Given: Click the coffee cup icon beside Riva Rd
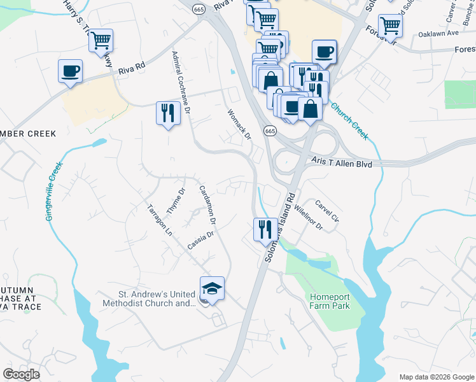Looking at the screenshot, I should click(70, 71).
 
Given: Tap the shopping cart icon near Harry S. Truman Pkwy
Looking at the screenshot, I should click(101, 41).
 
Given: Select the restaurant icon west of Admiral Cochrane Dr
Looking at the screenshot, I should click(167, 113).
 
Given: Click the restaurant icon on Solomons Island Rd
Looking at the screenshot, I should click(265, 229).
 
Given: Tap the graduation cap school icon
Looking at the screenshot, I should click(212, 289).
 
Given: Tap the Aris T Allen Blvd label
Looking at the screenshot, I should click(341, 164).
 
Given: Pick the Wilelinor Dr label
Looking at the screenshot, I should click(309, 214).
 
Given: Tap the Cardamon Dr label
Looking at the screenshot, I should click(207, 204).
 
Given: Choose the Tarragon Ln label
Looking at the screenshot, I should click(159, 220).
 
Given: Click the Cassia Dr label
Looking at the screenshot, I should click(200, 241).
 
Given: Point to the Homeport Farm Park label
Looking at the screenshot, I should click(330, 301).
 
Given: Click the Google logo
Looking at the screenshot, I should click(22, 374).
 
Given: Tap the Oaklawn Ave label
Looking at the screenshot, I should click(438, 33).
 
